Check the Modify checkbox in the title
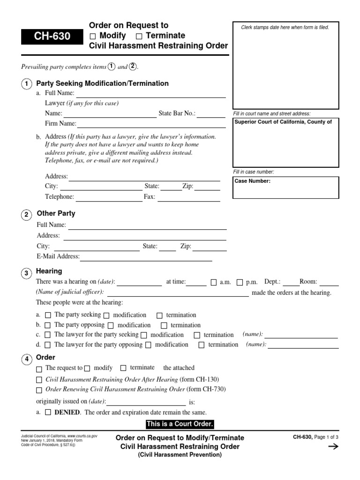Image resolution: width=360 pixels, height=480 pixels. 93,36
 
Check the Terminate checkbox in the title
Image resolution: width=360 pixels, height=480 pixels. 139,36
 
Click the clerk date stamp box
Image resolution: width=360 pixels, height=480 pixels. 285,66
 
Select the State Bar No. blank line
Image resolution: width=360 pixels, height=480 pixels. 213,114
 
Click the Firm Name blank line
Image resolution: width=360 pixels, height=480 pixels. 150,125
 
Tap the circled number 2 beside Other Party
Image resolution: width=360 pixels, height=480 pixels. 27,215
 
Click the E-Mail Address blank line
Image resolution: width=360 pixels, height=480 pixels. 146,257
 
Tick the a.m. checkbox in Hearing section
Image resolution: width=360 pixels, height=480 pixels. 214,283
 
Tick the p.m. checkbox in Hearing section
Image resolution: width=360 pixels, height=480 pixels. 240,283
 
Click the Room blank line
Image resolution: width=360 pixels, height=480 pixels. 329,283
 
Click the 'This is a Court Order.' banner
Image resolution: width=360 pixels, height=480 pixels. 180,424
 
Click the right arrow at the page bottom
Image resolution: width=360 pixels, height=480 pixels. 333,447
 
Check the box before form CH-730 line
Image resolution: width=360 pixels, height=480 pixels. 39,390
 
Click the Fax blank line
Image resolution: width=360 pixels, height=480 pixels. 188,198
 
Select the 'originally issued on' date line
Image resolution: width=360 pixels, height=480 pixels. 146,403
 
